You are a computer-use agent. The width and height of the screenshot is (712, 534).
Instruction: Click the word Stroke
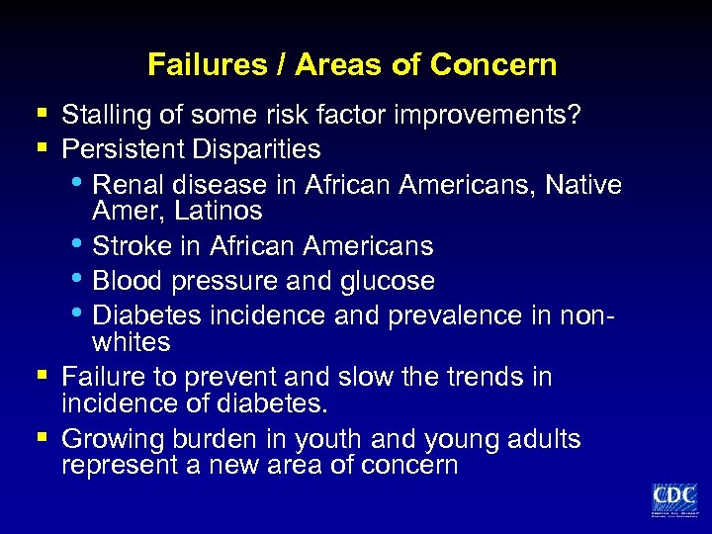(x=130, y=245)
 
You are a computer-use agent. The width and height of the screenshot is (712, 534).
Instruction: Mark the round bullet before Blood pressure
(x=80, y=279)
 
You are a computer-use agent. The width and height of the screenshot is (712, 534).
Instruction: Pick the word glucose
(x=388, y=281)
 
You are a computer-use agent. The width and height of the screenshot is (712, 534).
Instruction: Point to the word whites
(x=131, y=342)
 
